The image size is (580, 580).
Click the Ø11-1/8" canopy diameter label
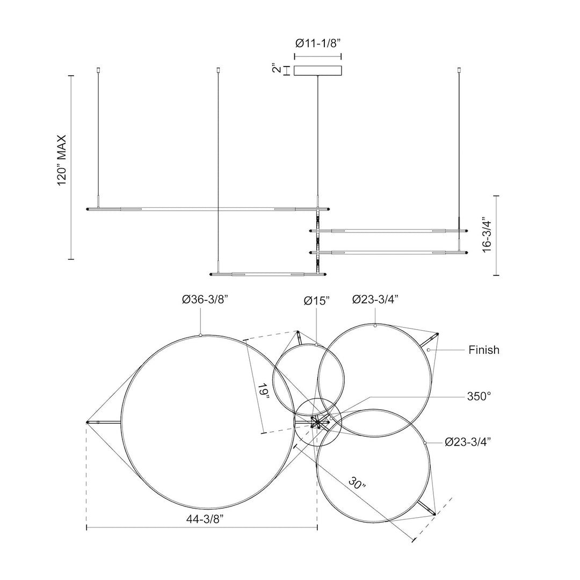click(318, 44)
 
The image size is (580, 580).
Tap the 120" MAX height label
click(62, 160)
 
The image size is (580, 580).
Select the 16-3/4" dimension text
click(487, 236)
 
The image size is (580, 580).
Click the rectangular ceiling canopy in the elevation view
click(318, 71)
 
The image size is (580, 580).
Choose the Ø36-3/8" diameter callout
click(205, 300)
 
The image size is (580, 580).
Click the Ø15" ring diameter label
click(317, 301)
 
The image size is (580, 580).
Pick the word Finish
click(484, 350)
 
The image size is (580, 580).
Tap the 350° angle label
click(479, 396)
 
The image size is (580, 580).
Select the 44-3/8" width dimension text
click(205, 519)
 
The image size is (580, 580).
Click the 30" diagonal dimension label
click(357, 483)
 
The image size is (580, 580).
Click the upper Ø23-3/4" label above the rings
click(375, 299)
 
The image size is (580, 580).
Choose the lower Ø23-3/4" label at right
click(468, 441)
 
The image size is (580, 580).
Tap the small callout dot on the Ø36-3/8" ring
click(200, 335)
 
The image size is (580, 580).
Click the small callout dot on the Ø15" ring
click(317, 345)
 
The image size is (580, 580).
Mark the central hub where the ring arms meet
click(317, 422)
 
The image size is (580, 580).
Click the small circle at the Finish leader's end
click(429, 350)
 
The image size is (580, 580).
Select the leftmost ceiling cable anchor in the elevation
click(98, 69)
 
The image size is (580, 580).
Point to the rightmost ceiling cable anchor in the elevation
click(459, 69)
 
